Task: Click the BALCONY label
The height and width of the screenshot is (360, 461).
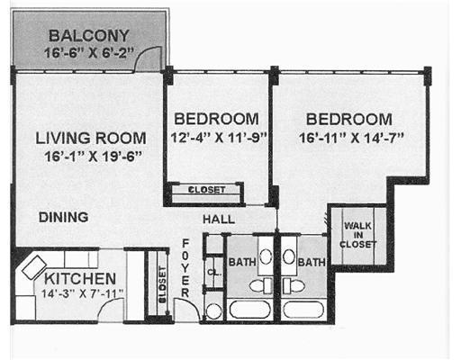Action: point(89,36)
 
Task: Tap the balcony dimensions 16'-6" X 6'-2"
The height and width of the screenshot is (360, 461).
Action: point(88,53)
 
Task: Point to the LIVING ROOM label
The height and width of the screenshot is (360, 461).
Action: point(91,138)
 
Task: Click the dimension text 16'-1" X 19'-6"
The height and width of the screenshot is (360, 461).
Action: point(93,157)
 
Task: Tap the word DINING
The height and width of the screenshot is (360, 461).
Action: point(64,217)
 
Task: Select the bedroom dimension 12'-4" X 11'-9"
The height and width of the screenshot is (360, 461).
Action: point(219,138)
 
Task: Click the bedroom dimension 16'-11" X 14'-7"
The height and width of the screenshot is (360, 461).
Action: point(351,138)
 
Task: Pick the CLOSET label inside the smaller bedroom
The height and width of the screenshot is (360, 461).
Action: point(206,190)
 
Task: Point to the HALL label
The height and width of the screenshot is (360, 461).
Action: point(219,219)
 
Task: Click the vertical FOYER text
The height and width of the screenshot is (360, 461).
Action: point(185,268)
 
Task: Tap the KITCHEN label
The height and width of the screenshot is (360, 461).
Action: point(80,279)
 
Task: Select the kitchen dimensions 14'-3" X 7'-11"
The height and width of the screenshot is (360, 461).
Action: point(82,293)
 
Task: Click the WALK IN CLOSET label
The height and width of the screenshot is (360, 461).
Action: point(357,235)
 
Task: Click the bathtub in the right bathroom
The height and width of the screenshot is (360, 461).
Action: point(303,310)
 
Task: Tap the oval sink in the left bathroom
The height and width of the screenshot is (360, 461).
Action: point(266,257)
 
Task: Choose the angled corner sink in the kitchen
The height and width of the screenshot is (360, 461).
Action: point(34,267)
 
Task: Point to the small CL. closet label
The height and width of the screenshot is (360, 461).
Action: point(214,273)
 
